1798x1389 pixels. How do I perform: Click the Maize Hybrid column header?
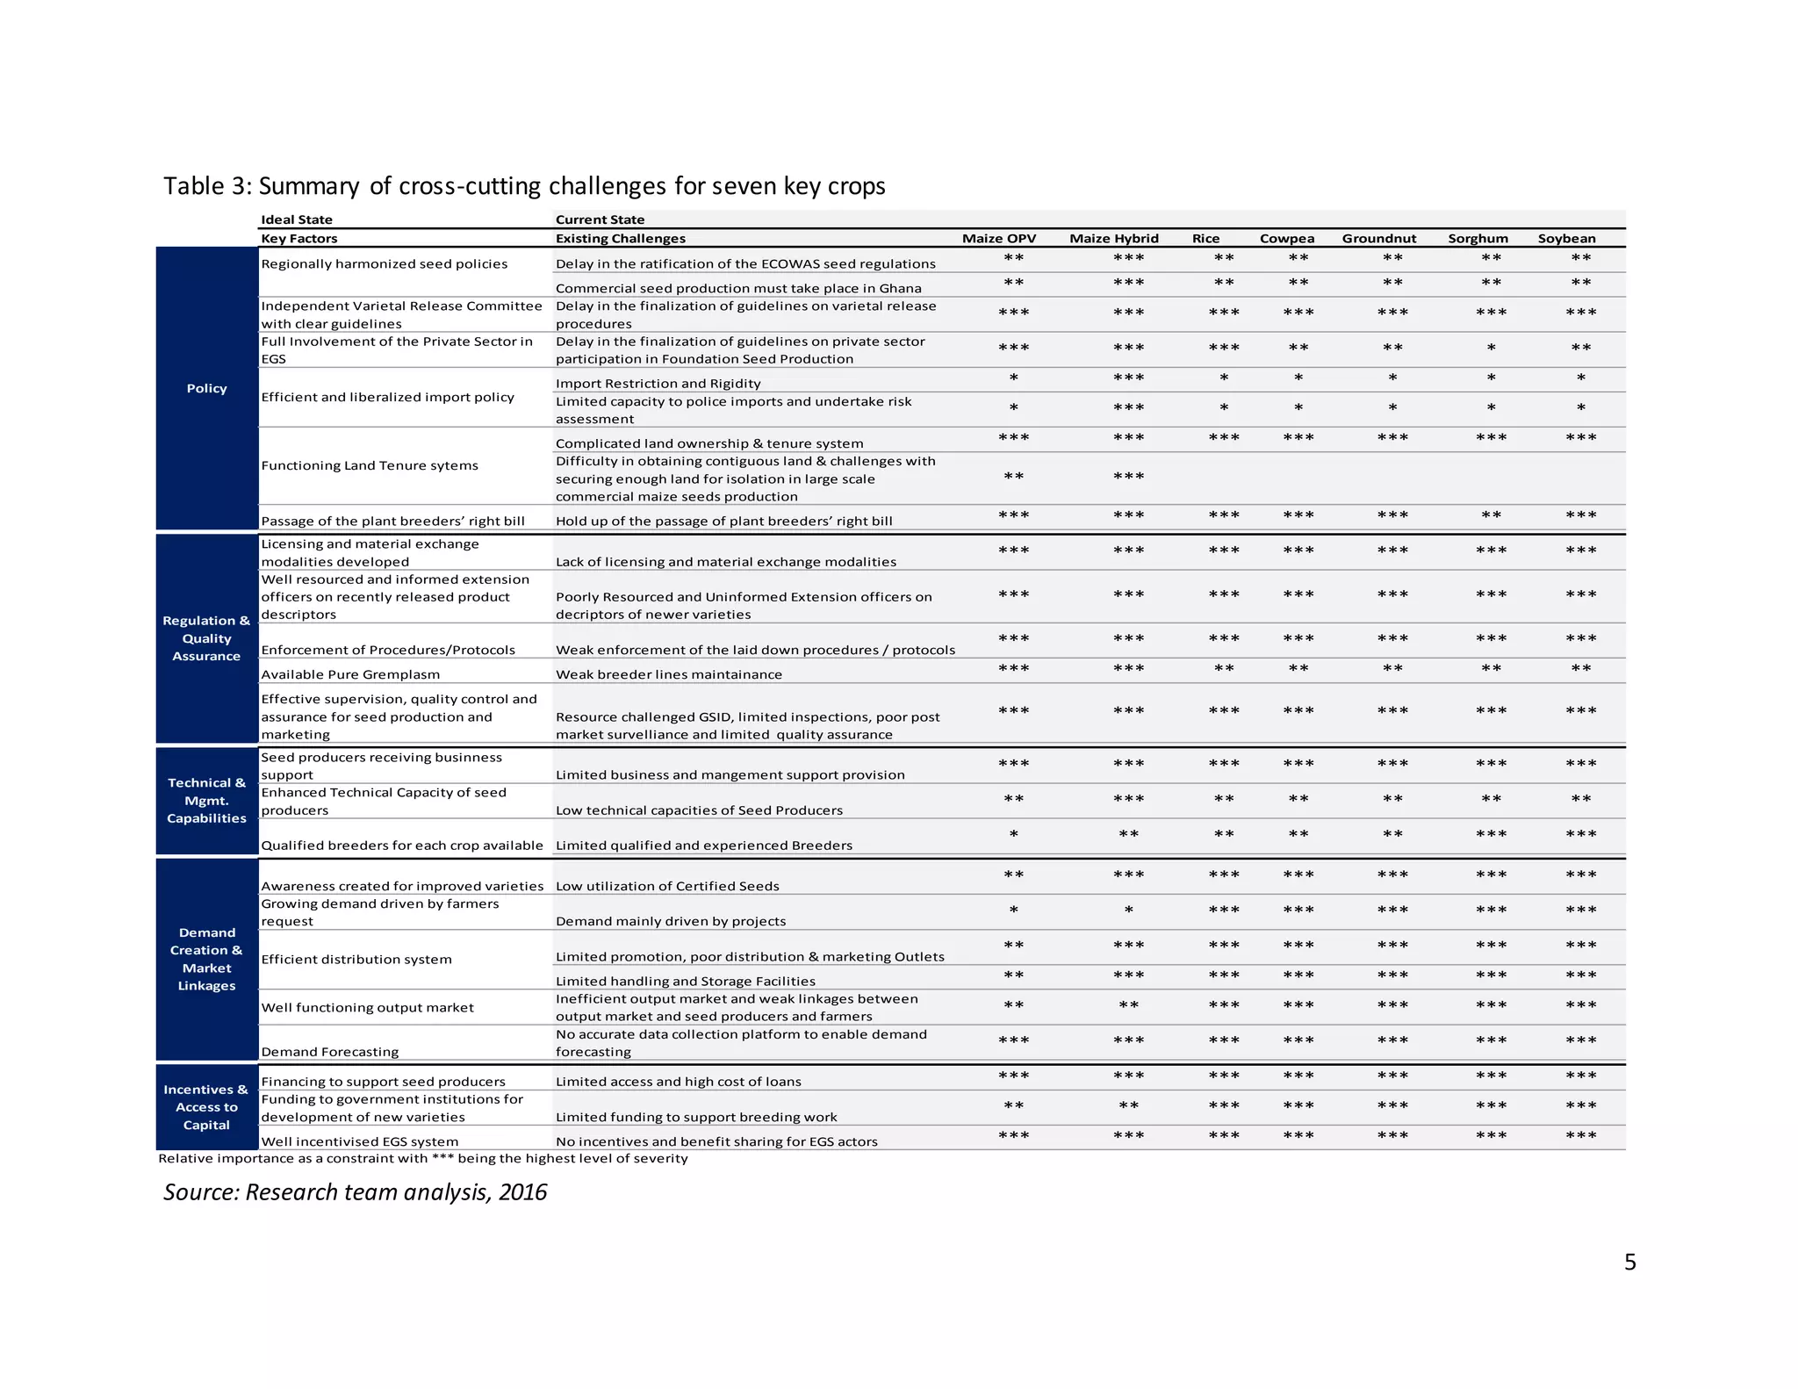[x=1113, y=239]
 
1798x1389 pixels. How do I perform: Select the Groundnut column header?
[x=1378, y=239]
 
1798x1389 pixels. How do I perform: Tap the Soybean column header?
[x=1566, y=239]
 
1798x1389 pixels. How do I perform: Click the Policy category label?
[x=206, y=388]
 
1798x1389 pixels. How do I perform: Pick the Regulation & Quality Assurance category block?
[x=206, y=638]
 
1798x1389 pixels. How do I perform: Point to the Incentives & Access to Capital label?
[x=206, y=1107]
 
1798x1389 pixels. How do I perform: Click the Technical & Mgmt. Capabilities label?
[x=206, y=801]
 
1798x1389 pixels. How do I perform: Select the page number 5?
[x=1629, y=1263]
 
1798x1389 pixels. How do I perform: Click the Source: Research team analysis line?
[x=355, y=1192]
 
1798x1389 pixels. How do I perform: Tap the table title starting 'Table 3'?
[x=524, y=186]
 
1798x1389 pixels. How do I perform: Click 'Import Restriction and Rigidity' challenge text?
[x=658, y=384]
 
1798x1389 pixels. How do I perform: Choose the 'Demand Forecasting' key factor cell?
[x=329, y=1052]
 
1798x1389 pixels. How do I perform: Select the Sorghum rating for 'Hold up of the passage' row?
[x=1491, y=515]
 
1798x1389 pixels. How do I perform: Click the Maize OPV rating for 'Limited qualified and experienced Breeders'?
[x=1013, y=834]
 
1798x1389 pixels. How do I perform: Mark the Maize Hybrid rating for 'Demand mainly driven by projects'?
[x=1128, y=910]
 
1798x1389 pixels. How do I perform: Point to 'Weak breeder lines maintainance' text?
[x=668, y=674]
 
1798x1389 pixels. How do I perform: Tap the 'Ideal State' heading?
[x=297, y=220]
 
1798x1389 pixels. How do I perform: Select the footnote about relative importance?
[x=422, y=1159]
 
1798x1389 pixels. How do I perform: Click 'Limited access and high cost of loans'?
[x=678, y=1082]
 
